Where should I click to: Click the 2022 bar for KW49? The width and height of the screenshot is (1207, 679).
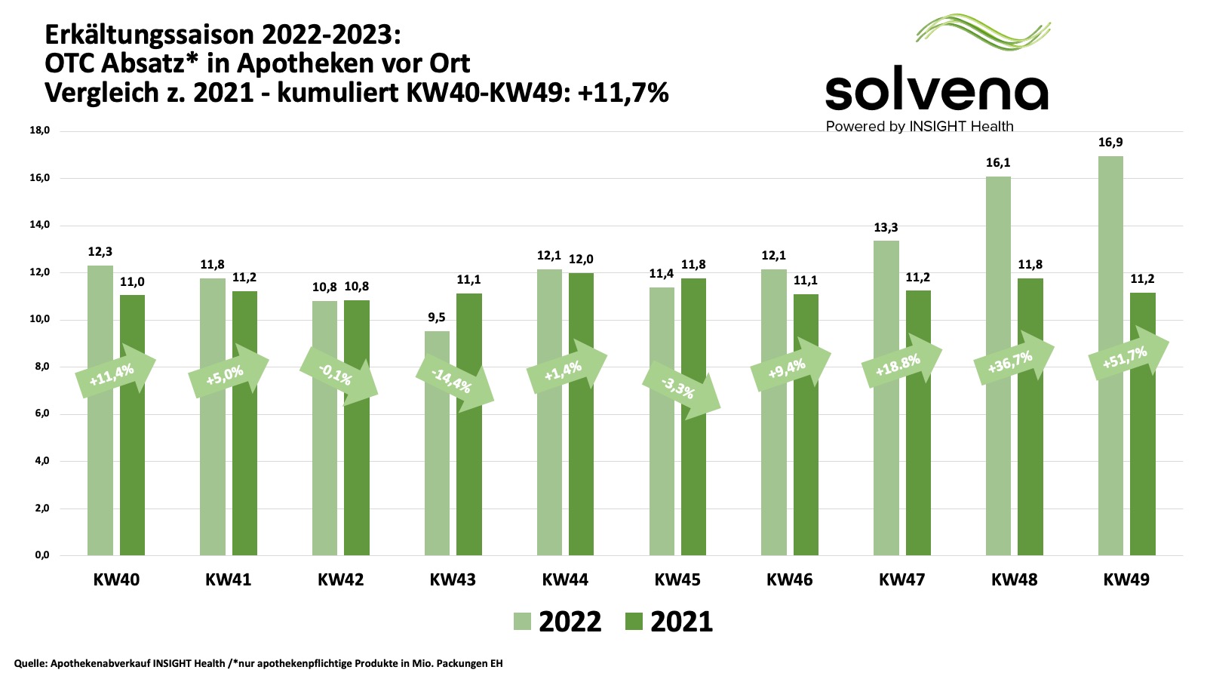(x=1110, y=453)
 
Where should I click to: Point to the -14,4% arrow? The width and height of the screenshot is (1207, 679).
(x=454, y=381)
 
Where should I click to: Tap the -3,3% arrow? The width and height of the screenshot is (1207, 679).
(x=680, y=389)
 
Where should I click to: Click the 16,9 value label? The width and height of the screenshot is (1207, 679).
(x=1110, y=143)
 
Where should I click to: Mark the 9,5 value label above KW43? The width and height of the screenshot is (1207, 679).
(x=437, y=318)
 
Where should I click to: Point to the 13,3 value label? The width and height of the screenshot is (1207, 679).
(x=886, y=228)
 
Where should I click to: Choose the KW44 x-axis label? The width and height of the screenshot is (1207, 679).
(x=565, y=580)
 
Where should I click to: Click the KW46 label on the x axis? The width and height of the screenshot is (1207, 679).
(x=789, y=580)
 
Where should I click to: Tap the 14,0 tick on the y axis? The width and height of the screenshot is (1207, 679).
(x=39, y=225)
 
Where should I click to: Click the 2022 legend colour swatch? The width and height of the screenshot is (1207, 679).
(x=522, y=622)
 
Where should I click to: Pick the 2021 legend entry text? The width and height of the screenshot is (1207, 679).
(x=681, y=622)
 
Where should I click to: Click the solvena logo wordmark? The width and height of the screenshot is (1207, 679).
(x=936, y=92)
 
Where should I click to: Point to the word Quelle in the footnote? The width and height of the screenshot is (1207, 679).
(x=29, y=664)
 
